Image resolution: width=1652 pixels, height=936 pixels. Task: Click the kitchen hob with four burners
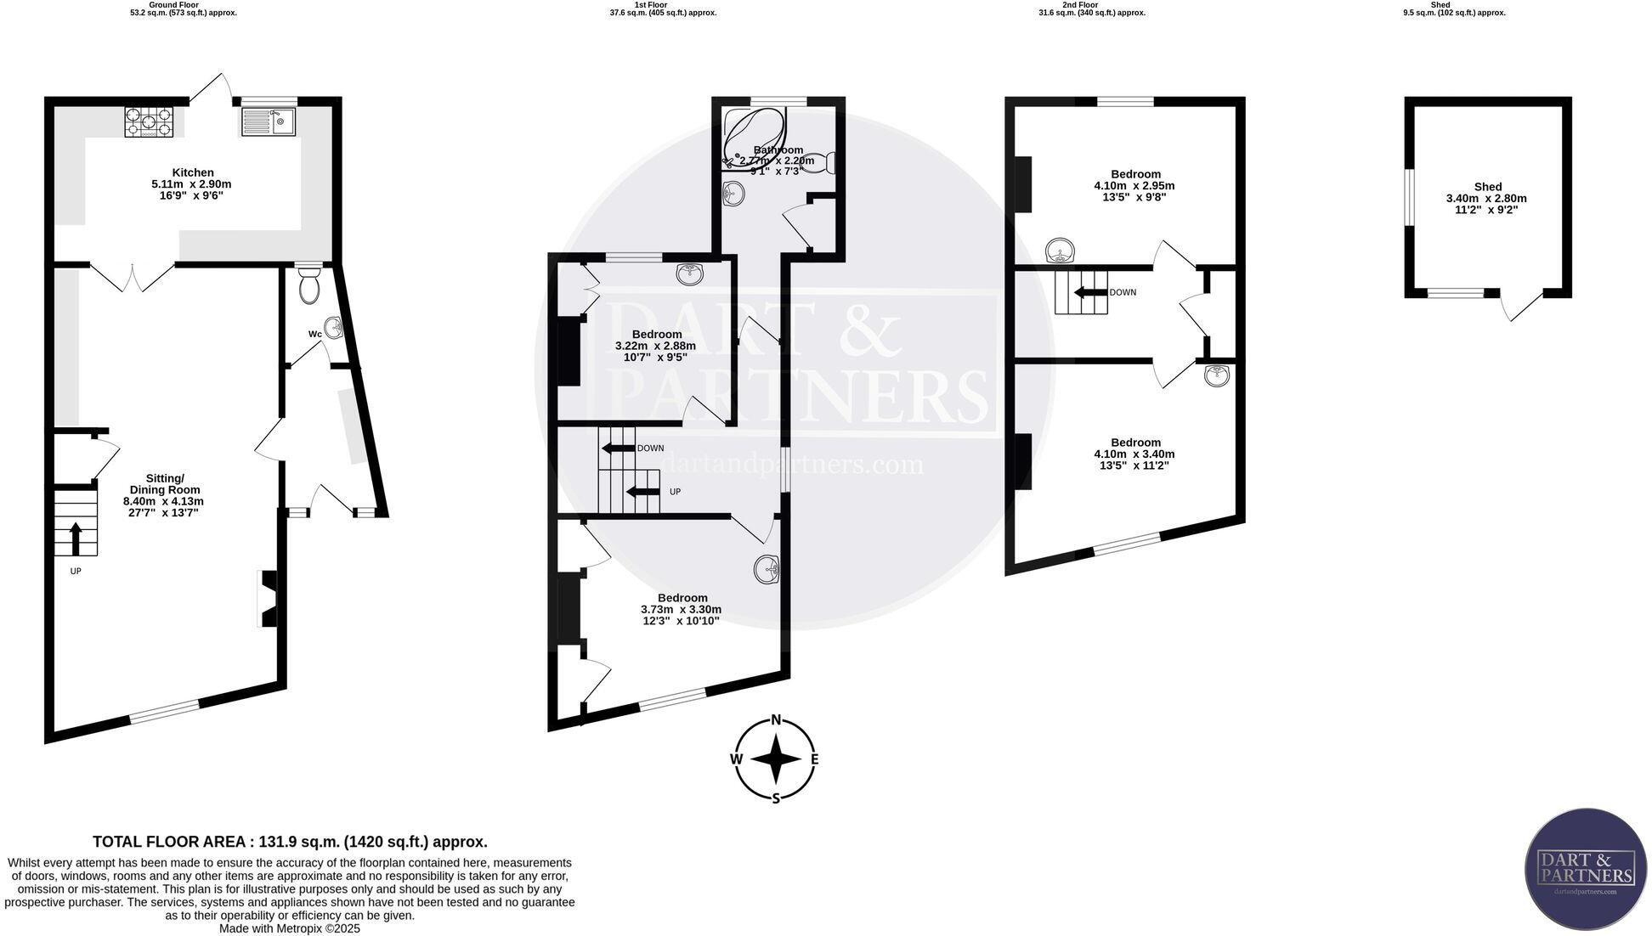pos(149,122)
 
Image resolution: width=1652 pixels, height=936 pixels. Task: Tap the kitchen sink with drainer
pos(268,122)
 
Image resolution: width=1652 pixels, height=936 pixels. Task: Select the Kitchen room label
pos(193,172)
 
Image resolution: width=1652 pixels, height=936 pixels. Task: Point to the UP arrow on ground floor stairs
pos(75,538)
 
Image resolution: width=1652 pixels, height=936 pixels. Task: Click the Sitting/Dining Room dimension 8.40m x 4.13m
pos(163,501)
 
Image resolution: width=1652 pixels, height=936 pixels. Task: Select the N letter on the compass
pos(775,720)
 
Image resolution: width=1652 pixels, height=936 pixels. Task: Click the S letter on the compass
pos(775,798)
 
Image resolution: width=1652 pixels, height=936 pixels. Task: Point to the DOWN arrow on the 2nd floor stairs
pos(1090,293)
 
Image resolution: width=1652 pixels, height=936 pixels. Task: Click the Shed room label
pos(1487,187)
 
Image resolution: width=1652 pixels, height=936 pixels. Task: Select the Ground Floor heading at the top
pos(173,5)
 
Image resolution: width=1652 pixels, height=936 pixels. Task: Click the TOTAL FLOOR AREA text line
pos(290,842)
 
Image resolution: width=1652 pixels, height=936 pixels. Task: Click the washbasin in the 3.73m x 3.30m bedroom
pos(767,569)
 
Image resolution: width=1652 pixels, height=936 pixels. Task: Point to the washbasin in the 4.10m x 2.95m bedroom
pos(1059,251)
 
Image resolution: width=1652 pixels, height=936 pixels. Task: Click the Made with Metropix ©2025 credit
pos(290,928)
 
